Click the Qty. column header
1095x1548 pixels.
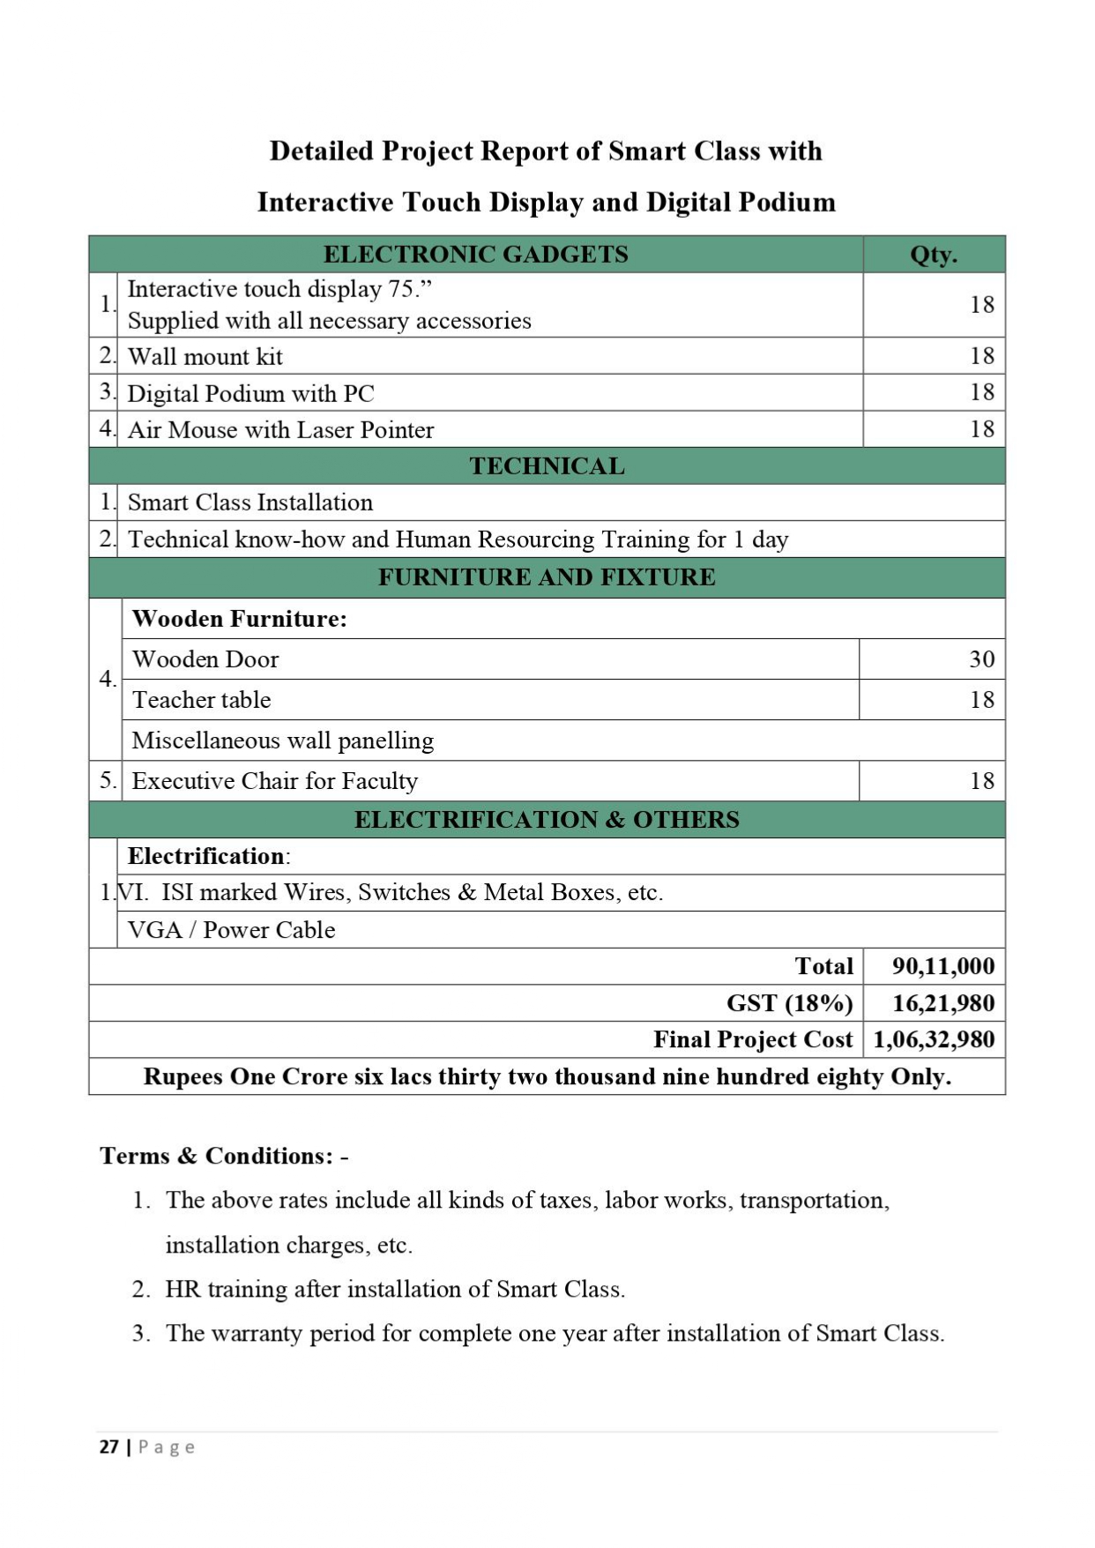coord(933,255)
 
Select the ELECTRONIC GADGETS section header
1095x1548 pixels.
coord(475,255)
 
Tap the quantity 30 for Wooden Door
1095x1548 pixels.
coord(981,659)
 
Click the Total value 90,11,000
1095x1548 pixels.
coord(942,966)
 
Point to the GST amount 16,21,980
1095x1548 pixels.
coord(942,1003)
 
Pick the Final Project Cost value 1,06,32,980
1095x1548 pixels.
coord(934,1040)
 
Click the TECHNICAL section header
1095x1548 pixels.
coord(547,466)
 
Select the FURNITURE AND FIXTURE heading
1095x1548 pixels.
coord(547,577)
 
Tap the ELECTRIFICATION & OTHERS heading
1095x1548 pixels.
coord(547,820)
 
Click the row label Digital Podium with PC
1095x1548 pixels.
coord(250,393)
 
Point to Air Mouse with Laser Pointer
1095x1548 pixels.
coord(280,430)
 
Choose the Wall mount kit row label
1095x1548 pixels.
coord(205,357)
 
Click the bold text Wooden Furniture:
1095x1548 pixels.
coord(239,619)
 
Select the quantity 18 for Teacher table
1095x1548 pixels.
coord(981,700)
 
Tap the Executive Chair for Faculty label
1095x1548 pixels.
coord(274,781)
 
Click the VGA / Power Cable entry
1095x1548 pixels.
coord(231,930)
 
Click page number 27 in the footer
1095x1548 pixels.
coord(108,1447)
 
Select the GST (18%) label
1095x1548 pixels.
coord(789,1003)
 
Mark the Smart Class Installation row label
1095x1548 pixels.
coord(250,502)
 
